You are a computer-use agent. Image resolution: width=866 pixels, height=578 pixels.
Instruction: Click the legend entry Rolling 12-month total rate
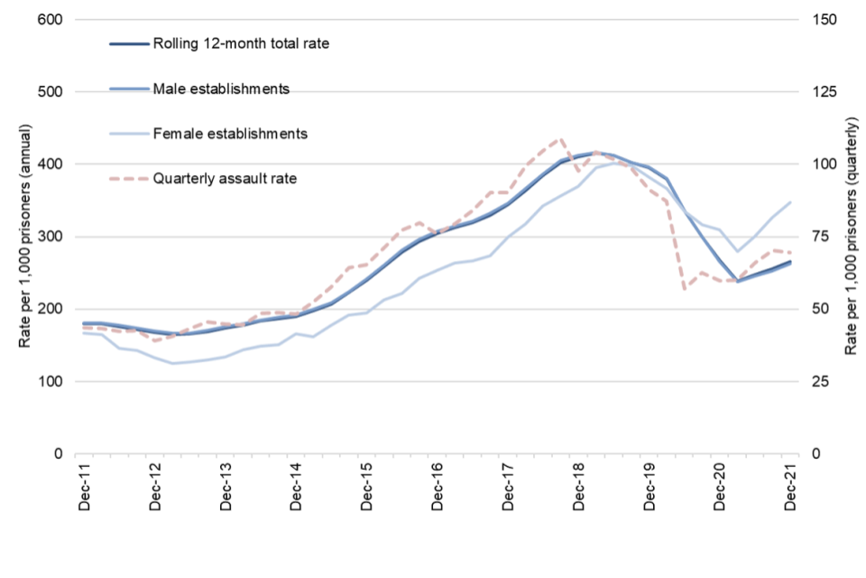click(237, 42)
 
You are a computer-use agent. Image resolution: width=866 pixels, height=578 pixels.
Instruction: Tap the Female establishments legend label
click(230, 133)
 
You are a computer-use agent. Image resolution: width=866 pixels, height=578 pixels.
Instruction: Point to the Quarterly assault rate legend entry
click(225, 178)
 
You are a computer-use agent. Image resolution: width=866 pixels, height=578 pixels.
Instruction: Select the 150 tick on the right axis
click(827, 20)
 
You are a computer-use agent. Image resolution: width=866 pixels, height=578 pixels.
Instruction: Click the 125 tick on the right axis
click(827, 92)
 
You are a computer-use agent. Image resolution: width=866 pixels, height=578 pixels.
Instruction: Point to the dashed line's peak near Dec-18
click(561, 138)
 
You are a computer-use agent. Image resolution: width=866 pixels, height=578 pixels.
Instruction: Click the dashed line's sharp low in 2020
click(685, 289)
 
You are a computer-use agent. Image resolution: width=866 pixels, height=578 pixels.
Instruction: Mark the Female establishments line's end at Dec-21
click(791, 201)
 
